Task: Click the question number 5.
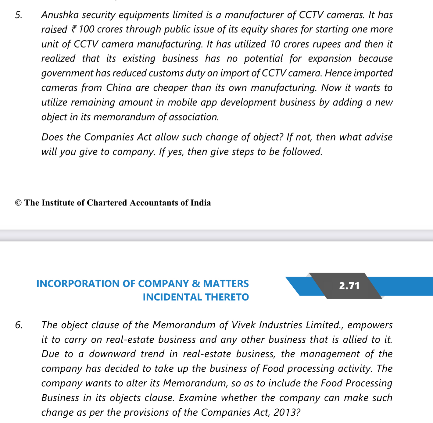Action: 18,15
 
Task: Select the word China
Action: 119,88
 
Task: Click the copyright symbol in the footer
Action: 18,203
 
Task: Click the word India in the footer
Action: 201,203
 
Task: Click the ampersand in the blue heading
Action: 196,284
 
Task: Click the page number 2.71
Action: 349,286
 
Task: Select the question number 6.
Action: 19,325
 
